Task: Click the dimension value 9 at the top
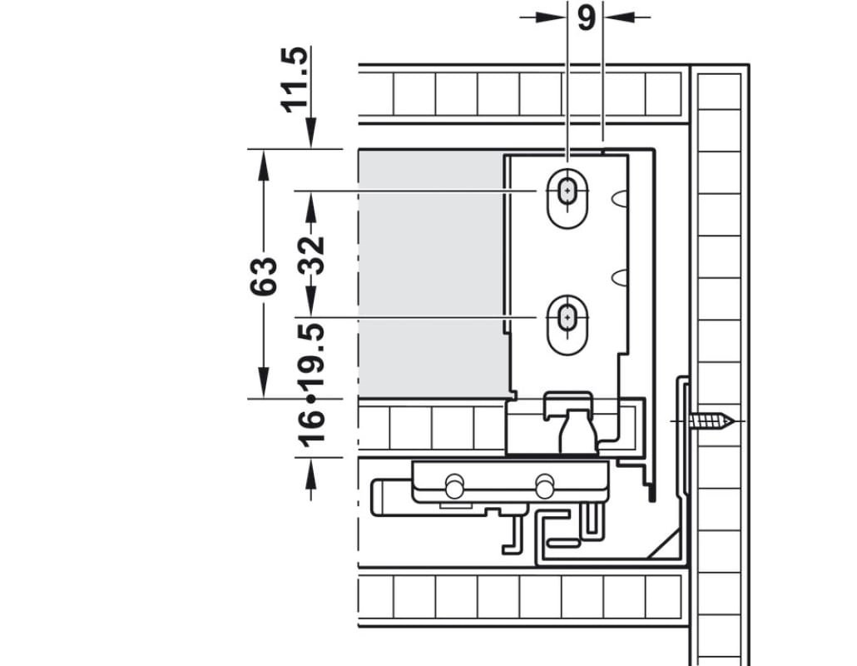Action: click(586, 18)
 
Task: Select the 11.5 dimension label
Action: click(295, 80)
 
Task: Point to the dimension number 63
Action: click(264, 276)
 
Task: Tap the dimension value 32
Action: click(311, 255)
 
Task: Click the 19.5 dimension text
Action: click(311, 355)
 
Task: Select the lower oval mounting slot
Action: click(568, 324)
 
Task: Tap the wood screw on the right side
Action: click(711, 421)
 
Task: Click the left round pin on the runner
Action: click(454, 486)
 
